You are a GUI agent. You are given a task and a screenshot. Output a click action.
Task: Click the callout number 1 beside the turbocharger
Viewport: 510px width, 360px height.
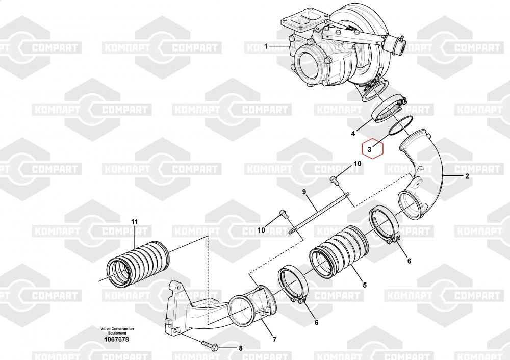[x=266, y=46]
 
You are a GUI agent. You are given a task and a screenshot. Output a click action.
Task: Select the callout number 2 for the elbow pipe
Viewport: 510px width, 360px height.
[x=467, y=176]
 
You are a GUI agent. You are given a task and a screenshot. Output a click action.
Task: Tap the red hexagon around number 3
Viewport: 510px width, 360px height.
[x=373, y=148]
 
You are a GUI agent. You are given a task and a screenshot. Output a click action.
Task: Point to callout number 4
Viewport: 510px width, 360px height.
[x=353, y=133]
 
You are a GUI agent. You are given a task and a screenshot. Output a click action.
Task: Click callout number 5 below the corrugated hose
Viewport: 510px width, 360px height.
[x=365, y=285]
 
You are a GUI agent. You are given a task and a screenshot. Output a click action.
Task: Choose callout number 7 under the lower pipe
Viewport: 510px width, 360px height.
[x=274, y=340]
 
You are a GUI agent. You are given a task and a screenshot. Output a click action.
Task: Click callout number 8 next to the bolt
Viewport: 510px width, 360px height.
[x=240, y=349]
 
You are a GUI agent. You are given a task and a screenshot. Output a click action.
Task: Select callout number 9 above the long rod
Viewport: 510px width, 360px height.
[x=304, y=192]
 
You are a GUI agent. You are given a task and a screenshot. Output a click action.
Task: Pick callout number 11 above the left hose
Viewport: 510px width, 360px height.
[x=134, y=222]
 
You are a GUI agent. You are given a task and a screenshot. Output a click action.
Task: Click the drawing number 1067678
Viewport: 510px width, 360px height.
[x=116, y=340]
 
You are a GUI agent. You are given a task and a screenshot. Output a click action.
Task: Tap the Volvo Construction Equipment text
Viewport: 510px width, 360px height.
[x=117, y=331]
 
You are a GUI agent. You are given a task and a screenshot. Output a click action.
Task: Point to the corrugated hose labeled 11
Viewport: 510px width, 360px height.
[x=138, y=263]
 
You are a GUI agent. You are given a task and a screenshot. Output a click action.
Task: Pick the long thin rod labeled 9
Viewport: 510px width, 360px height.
[x=318, y=213]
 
